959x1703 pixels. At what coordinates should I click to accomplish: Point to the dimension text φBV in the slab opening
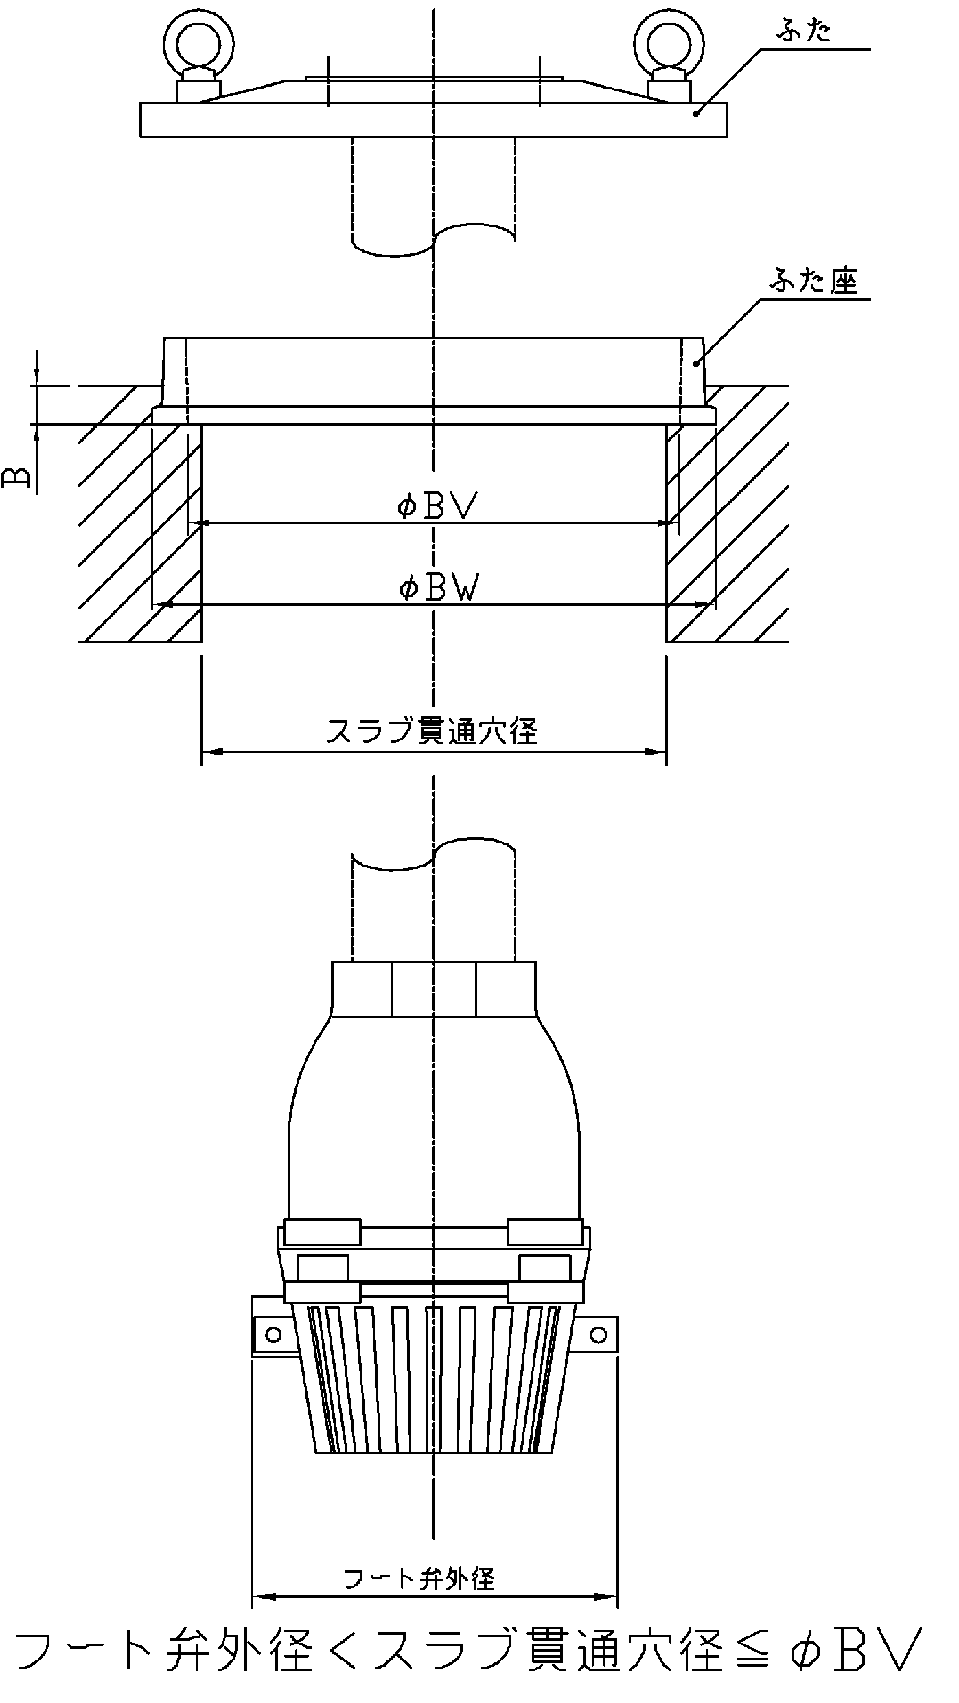point(437,506)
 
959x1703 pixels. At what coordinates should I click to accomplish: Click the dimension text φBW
point(438,588)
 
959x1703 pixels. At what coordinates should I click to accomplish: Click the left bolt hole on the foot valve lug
point(273,1334)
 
